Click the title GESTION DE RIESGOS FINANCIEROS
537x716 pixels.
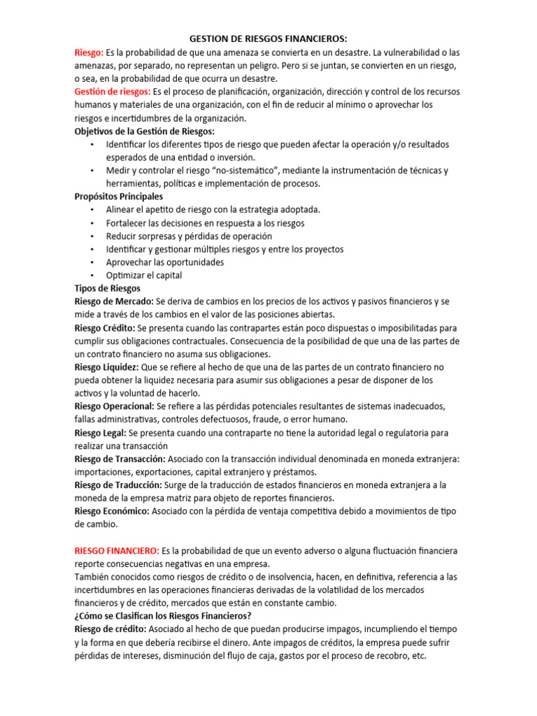coord(268,39)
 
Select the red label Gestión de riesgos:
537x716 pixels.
coord(112,92)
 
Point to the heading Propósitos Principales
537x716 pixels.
coord(118,196)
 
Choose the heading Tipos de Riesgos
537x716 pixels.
coord(107,288)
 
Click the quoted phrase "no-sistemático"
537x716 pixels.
coord(226,171)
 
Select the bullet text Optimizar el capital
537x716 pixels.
coord(144,275)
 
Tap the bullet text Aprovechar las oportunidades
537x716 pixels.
coord(165,262)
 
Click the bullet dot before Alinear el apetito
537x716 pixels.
coord(92,210)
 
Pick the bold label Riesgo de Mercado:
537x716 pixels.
coord(114,301)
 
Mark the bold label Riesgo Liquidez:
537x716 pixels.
coord(107,367)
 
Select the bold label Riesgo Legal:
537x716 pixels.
coord(101,433)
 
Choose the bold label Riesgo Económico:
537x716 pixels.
coord(112,511)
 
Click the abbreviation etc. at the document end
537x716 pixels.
coord(418,656)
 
